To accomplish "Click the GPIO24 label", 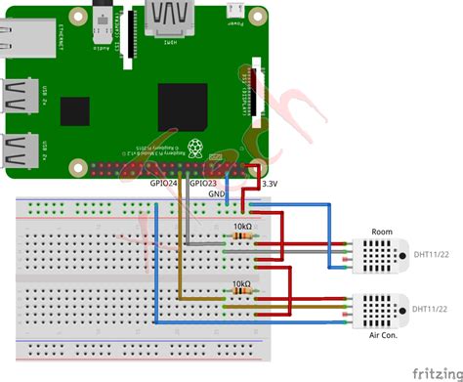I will pos(162,184).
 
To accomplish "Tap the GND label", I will pos(218,193).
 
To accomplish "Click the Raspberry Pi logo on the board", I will pos(196,149).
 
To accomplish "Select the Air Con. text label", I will pos(383,335).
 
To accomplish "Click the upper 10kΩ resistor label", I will pos(240,227).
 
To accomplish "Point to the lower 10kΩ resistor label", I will pos(240,284).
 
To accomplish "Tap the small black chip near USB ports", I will pos(74,111).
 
